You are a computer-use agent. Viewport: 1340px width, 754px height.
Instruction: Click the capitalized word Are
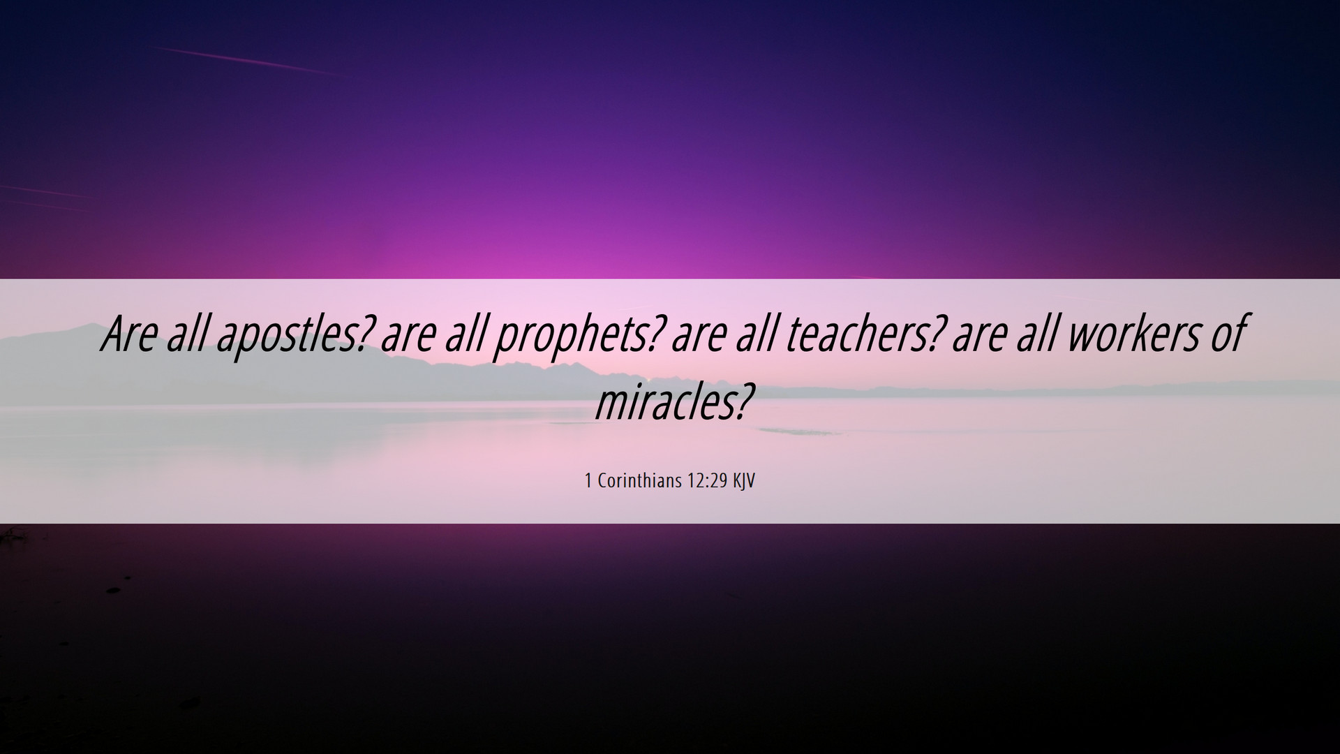129,334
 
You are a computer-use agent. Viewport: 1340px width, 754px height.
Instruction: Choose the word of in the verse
1227,334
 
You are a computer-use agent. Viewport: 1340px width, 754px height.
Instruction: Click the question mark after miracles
744,402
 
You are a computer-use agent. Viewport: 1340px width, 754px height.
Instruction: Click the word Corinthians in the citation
639,481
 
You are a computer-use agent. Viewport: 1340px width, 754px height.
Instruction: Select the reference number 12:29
707,481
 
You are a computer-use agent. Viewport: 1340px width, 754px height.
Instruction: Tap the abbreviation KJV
744,481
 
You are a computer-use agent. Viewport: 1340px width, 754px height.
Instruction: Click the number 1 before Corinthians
588,481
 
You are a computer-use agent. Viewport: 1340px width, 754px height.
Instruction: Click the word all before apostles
187,334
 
